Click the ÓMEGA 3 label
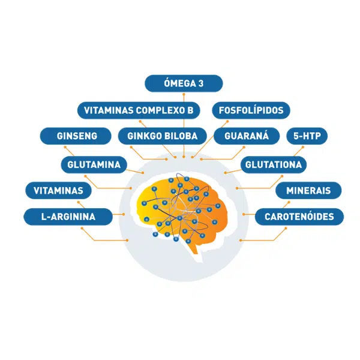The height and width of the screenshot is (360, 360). click(x=184, y=83)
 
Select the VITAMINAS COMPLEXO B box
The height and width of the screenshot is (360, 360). click(x=139, y=110)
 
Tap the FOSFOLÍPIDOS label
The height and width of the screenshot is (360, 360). click(x=251, y=110)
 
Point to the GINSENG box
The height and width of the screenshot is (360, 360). click(x=76, y=136)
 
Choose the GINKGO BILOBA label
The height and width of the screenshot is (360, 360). click(x=163, y=136)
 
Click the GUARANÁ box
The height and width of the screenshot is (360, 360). click(x=247, y=136)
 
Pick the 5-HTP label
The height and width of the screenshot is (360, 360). click(x=307, y=136)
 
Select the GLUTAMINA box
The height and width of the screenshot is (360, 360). click(x=94, y=164)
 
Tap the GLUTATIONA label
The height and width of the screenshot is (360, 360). click(x=274, y=164)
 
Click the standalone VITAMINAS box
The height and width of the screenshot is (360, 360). click(x=58, y=191)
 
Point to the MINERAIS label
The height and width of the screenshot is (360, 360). click(x=308, y=191)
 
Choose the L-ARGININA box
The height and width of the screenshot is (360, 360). click(x=68, y=217)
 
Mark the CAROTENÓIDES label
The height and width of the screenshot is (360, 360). click(x=299, y=217)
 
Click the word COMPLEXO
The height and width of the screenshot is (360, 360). click(x=157, y=110)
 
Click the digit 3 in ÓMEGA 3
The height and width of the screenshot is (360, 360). click(x=201, y=83)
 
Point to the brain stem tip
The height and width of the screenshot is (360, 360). click(x=196, y=253)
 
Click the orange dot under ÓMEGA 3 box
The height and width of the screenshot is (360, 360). click(x=184, y=94)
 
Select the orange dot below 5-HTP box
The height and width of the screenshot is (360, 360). click(x=303, y=147)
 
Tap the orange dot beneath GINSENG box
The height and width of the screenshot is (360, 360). click(x=65, y=147)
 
